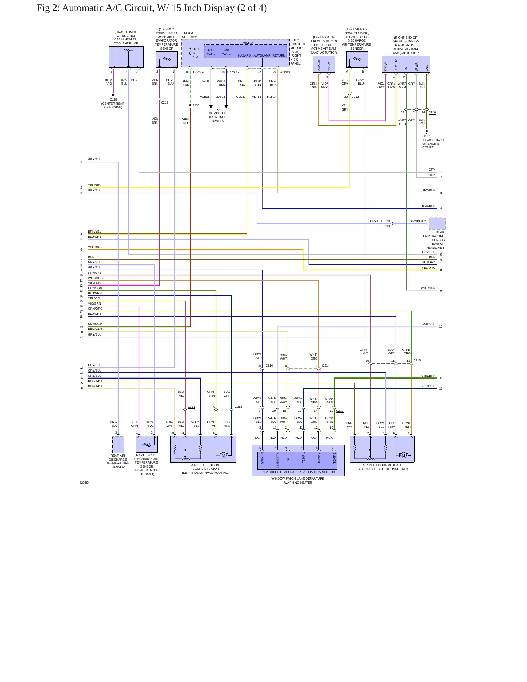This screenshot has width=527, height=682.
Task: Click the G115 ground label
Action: [x=113, y=100]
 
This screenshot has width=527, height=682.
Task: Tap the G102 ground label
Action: [x=426, y=136]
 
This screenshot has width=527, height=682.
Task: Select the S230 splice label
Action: [x=196, y=105]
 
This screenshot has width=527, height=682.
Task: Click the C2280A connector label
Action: [x=199, y=72]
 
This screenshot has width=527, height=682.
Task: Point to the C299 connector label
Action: [x=386, y=226]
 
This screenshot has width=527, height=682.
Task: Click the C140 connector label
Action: [x=432, y=112]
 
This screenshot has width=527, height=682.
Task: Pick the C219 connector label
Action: [x=340, y=411]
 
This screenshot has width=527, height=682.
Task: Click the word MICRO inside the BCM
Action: [x=248, y=43]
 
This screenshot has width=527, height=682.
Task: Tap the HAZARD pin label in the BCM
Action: [x=244, y=55]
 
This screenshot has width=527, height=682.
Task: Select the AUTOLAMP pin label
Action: [x=262, y=55]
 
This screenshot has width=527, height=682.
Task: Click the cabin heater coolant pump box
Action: [x=126, y=57]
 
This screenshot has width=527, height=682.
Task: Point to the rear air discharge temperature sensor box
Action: [x=118, y=445]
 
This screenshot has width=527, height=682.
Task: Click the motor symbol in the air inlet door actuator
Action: [x=403, y=455]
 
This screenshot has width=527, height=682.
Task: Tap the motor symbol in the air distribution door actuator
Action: [x=224, y=455]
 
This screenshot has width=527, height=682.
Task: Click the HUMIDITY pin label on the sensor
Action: [x=278, y=460]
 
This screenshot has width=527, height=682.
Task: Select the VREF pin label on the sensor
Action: [x=288, y=457]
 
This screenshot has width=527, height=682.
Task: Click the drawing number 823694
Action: [x=85, y=483]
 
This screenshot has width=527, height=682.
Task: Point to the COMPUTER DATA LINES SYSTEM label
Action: [x=218, y=117]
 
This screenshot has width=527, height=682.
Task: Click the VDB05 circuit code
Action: [x=205, y=97]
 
